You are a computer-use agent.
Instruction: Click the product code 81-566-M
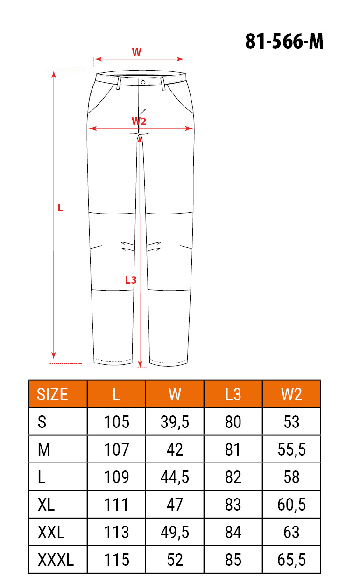[284, 41]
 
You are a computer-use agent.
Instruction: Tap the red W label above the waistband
[137, 52]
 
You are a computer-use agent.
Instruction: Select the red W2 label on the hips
[139, 121]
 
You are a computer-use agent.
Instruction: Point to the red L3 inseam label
[131, 280]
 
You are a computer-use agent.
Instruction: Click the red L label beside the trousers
[60, 208]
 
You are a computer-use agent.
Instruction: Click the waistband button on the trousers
[143, 82]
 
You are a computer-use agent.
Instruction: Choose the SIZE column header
[52, 394]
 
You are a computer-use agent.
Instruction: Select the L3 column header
[233, 394]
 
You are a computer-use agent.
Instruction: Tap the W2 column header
[291, 394]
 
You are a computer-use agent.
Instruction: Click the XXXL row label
[56, 560]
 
